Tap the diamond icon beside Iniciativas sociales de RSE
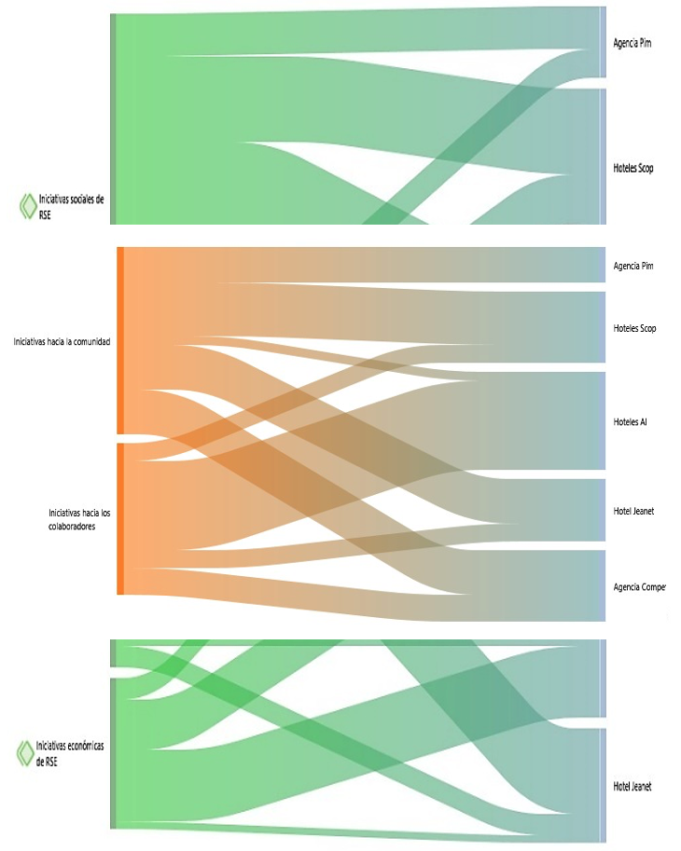click(x=28, y=206)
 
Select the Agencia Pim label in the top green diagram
click(x=632, y=44)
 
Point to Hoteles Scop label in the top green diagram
click(x=632, y=169)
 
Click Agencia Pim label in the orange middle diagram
click(x=632, y=267)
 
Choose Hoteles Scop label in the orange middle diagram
click(x=634, y=329)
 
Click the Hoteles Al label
click(x=631, y=422)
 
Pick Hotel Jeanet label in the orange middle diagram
click(x=634, y=511)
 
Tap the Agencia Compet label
click(x=639, y=587)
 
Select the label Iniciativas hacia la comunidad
click(x=62, y=342)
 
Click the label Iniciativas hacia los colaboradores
click(x=79, y=518)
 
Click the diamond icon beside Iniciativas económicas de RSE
click(x=25, y=753)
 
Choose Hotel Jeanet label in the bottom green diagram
click(x=632, y=788)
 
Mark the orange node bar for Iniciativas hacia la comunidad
click(x=120, y=340)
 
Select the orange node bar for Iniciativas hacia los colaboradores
click(x=120, y=518)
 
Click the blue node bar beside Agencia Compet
click(x=604, y=585)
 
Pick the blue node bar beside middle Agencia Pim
click(x=604, y=265)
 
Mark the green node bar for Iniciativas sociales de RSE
click(x=113, y=119)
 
